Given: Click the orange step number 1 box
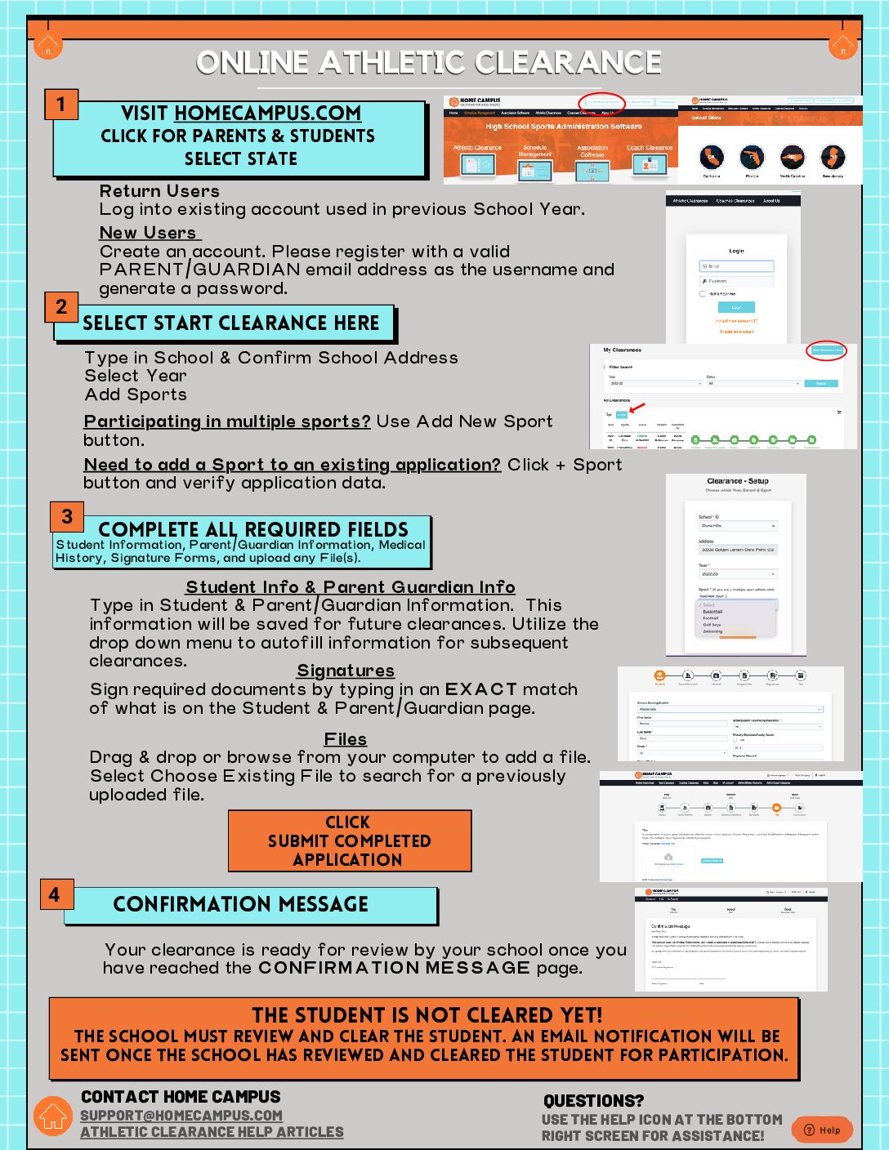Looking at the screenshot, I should point(60,105).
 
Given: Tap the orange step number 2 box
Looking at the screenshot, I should point(61,307).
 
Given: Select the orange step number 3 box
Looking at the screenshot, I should point(67,516).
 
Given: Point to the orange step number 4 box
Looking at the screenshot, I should point(55,894).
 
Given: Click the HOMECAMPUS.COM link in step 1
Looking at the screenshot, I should point(267,114).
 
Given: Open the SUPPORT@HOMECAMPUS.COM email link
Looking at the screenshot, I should point(181,1116).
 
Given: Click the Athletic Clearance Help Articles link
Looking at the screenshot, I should point(212,1132).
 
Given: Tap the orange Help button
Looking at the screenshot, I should point(822,1130).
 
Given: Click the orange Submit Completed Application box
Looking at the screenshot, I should point(349,840).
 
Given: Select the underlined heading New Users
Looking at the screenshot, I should point(148,233).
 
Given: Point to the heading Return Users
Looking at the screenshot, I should point(159,191).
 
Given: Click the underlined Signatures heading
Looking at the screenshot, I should point(346,671).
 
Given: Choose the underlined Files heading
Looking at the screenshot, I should point(346,739).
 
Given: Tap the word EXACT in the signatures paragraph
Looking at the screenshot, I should point(481,689).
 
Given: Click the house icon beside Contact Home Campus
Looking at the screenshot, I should point(53,1116).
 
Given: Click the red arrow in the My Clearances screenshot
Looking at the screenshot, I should point(637,407).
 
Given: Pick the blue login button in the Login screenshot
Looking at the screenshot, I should point(736,307).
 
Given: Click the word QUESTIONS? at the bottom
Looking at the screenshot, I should point(593,1101).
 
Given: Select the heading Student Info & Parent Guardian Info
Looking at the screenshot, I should point(351,587).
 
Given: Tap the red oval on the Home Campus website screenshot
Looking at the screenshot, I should point(602,103).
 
